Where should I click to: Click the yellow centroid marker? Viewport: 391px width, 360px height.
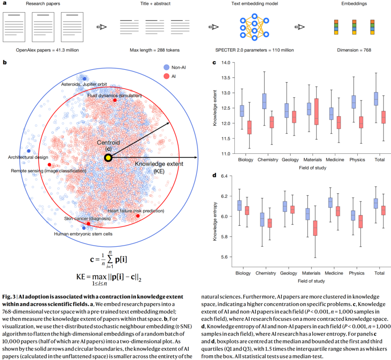108,158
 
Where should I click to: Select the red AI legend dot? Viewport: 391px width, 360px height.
166,76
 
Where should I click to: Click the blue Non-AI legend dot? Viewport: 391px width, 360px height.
166,67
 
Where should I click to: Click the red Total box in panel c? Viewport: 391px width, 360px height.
383,117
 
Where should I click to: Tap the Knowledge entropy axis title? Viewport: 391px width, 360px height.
215,216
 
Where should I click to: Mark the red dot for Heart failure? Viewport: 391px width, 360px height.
138,216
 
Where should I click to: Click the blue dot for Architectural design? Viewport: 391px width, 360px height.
29,151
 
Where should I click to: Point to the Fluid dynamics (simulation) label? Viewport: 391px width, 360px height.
114,96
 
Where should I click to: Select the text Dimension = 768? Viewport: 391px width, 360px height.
352,50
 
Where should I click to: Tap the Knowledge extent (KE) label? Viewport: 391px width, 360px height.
159,167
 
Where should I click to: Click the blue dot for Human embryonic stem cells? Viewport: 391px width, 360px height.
84,228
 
